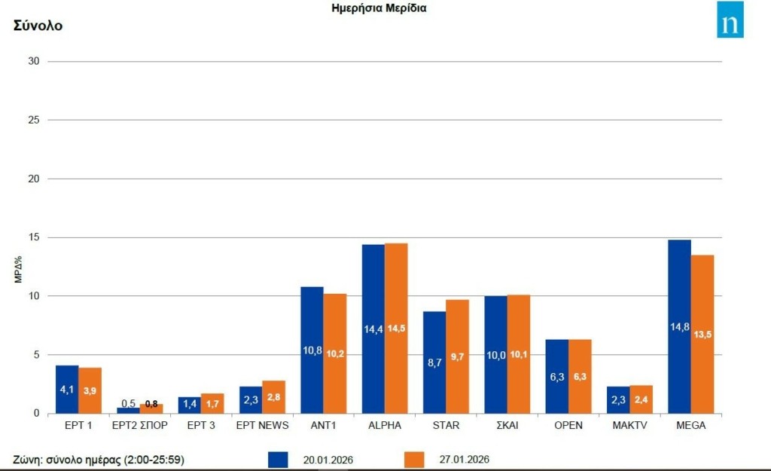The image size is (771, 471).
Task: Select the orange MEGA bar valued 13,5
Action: tap(702, 334)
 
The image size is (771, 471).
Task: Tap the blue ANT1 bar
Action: tap(312, 350)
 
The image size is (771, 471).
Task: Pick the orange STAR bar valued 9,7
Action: tap(457, 356)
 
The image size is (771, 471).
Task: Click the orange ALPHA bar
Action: tap(396, 328)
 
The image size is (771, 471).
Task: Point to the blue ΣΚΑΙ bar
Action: tap(495, 354)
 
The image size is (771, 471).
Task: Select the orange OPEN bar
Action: tap(580, 376)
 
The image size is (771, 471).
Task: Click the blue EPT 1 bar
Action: tap(67, 389)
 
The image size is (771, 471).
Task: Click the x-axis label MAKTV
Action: tap(629, 425)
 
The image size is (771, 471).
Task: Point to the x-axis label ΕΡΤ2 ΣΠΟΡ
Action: tap(139, 425)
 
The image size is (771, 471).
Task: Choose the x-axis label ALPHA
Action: tap(385, 425)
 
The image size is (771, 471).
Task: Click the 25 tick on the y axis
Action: tap(33, 120)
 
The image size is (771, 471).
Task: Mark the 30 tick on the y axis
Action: tap(33, 61)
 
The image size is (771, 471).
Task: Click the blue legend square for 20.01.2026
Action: tap(278, 459)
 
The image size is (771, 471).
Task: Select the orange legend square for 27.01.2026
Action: tap(414, 459)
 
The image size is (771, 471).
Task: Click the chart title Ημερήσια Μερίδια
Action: tap(379, 8)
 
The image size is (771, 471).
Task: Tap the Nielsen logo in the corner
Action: tap(730, 20)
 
